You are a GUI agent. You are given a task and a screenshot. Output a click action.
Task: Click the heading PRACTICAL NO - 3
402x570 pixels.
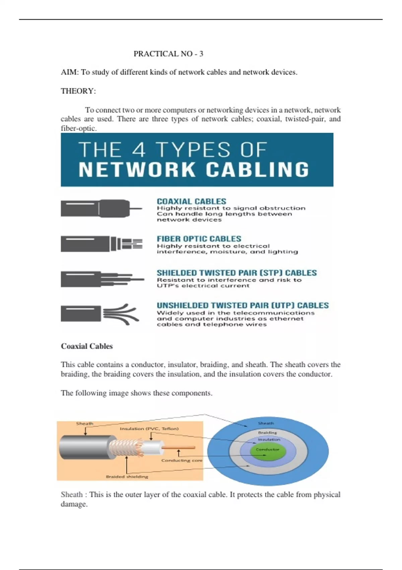(168, 54)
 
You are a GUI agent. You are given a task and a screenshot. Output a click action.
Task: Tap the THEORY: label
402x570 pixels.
(78, 91)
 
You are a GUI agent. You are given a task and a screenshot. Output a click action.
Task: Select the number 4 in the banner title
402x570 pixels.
(139, 150)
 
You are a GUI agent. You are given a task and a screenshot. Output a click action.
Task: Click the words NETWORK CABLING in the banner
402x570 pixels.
(194, 170)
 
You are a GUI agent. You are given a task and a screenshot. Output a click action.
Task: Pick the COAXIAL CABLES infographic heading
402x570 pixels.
(192, 202)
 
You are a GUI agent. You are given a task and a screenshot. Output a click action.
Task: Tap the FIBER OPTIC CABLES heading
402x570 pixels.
(199, 239)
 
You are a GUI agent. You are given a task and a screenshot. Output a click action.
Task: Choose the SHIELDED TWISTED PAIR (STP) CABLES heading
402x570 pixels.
(237, 273)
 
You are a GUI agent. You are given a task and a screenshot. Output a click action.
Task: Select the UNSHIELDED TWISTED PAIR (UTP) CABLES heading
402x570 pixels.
(243, 305)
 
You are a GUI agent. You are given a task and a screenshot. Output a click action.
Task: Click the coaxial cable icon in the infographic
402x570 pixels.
(101, 209)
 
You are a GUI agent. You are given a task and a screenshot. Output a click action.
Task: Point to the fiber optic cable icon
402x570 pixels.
(102, 244)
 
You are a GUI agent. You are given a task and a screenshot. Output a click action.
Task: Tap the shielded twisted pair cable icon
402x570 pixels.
(102, 279)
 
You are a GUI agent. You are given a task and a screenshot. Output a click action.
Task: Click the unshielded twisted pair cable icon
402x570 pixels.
(100, 314)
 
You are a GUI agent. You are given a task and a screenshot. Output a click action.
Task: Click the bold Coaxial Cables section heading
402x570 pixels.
(87, 346)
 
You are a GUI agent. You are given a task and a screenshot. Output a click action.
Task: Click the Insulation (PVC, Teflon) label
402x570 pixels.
(149, 429)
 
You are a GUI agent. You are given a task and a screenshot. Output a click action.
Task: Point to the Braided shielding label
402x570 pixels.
(127, 476)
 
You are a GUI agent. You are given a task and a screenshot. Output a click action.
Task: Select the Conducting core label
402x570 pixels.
(182, 460)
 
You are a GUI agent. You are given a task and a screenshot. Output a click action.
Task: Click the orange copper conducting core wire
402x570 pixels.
(178, 447)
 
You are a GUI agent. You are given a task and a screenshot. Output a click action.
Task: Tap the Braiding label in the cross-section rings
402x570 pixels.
(267, 433)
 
